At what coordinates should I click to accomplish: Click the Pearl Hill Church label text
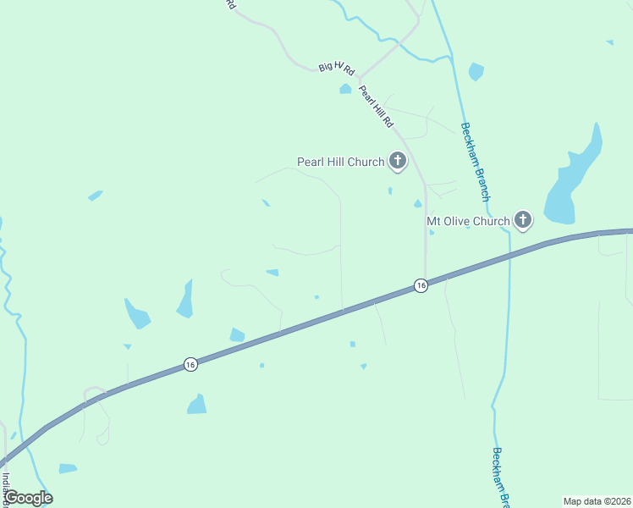340,162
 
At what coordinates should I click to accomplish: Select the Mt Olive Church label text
468,222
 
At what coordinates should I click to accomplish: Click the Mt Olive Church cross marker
523,221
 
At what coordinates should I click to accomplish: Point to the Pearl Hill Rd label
377,107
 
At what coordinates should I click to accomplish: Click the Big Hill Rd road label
337,66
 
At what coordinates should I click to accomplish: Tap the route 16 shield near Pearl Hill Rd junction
421,286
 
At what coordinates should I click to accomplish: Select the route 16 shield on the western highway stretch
190,364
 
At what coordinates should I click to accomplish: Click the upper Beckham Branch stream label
475,161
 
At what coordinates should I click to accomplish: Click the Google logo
28,498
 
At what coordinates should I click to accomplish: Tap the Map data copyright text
596,501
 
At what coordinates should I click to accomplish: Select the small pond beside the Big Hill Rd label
345,88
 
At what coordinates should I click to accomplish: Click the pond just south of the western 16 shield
196,405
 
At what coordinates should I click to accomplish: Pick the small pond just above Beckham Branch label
476,72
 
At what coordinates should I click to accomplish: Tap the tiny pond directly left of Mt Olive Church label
417,204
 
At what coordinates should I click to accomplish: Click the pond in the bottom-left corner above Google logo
68,468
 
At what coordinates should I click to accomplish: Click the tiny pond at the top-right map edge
609,41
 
